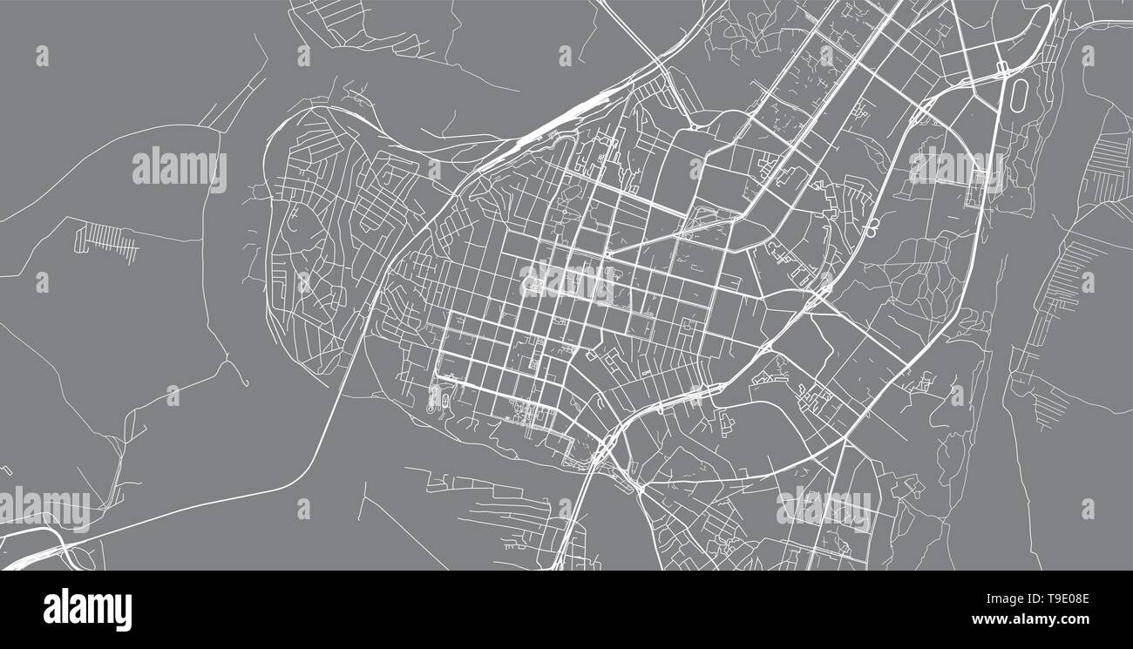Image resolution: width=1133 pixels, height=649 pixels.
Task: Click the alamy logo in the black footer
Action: point(87,610)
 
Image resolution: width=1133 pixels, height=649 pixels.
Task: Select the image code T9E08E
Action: point(1058,600)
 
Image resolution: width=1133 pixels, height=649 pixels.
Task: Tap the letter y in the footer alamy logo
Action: point(124,612)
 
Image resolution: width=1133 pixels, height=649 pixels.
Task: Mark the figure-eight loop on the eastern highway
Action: point(872,229)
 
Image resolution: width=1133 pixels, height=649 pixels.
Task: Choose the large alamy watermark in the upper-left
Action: point(180,169)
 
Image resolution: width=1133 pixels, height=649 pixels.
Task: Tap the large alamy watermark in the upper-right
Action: point(955,167)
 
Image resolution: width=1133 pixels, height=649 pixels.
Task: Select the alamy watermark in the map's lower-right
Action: point(824,508)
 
